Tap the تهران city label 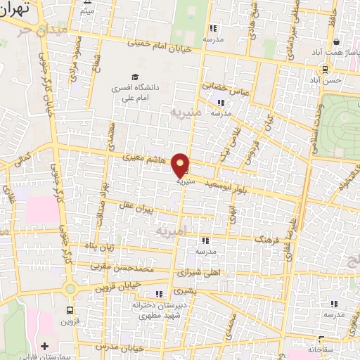pos(15,10)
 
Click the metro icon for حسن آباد pos(325,69)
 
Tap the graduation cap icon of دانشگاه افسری pos(134,77)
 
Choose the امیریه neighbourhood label pos(172,231)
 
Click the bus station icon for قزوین pos(70,310)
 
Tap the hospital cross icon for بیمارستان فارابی pos(46,346)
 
